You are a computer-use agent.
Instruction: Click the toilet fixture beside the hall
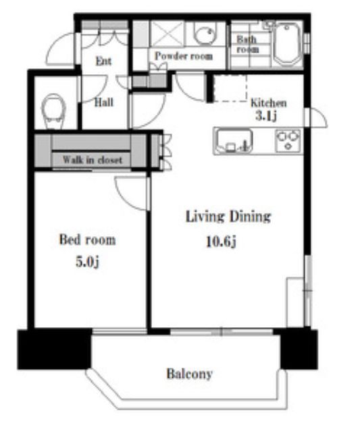coord(54,111)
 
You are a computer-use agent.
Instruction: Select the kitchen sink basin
coord(233,141)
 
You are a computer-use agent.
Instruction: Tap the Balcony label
coord(190,374)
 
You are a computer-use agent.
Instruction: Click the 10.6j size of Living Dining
coord(222,241)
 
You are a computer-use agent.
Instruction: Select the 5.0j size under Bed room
coord(87,262)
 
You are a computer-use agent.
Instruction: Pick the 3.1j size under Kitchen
coord(266,116)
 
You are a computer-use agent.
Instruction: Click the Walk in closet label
coord(93,160)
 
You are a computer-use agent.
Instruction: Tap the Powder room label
coord(184,56)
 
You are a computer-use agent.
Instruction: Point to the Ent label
coord(103,61)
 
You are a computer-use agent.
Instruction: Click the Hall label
coord(104,103)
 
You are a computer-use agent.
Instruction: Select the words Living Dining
coord(228,217)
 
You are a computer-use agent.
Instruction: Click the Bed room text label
coord(87,240)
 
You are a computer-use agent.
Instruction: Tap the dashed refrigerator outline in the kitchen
coord(230,88)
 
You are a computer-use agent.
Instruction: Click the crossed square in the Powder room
coord(167,34)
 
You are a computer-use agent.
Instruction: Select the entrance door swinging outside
coord(61,49)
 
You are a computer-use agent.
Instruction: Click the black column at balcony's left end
coord(55,349)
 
